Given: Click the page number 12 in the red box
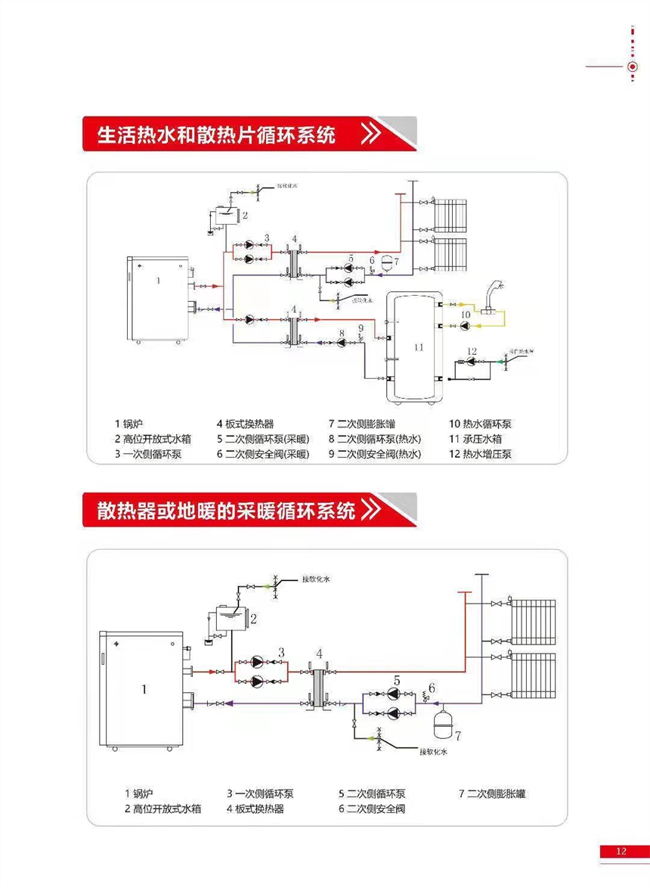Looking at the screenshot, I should click(x=621, y=851).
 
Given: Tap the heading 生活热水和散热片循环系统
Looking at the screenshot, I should click(x=216, y=135).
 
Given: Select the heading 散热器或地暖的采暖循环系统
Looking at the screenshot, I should click(x=226, y=511).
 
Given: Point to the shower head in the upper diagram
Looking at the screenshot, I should click(x=497, y=290).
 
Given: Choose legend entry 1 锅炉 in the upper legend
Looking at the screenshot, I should click(x=128, y=424).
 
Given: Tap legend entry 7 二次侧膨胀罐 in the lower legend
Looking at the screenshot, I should click(x=492, y=793).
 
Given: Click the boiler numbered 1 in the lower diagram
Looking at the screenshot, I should click(x=144, y=688).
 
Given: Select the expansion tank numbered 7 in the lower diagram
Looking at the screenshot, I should click(x=441, y=719).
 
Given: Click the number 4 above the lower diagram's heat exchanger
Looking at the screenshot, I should click(x=319, y=653).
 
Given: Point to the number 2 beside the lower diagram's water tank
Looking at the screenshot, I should click(x=254, y=619).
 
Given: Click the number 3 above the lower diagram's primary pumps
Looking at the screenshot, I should click(x=281, y=651).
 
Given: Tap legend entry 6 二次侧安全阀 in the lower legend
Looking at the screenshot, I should click(x=371, y=809).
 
